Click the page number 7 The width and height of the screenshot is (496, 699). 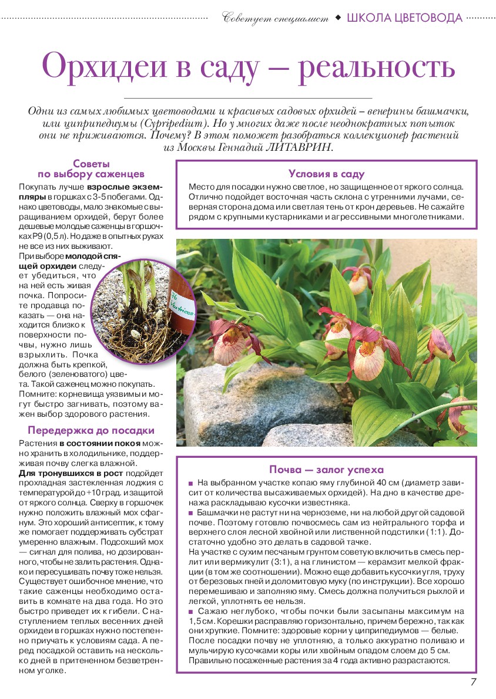click(474, 681)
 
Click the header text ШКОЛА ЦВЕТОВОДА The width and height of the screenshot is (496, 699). click(405, 18)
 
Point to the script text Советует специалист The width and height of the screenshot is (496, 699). click(276, 18)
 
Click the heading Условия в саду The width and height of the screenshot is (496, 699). click(326, 174)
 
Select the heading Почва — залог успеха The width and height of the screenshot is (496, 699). click(326, 470)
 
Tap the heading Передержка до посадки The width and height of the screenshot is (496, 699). click(91, 430)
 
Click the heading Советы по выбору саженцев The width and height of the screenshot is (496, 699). click(91, 169)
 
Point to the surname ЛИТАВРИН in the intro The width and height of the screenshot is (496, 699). click(300, 147)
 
